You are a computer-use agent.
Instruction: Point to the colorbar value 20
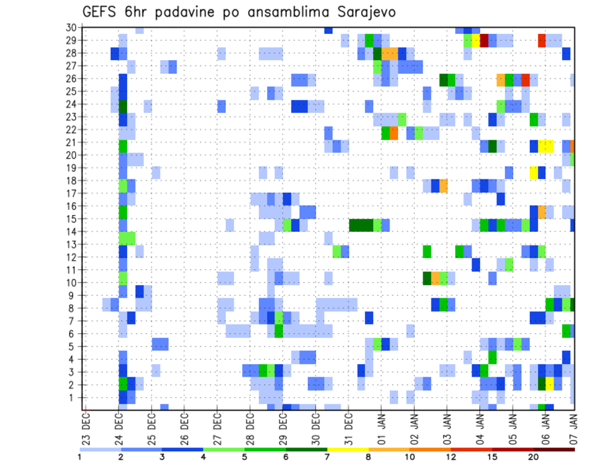coord(534,457)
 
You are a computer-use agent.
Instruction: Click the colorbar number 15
coord(492,457)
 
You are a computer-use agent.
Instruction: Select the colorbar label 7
coord(327,457)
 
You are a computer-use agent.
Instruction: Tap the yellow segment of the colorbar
coord(347,449)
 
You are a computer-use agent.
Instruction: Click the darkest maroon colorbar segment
coord(554,449)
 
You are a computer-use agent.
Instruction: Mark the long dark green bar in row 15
coord(361,224)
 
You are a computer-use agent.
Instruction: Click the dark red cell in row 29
coord(484,41)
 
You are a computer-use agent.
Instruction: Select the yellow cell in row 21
coord(546,146)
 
